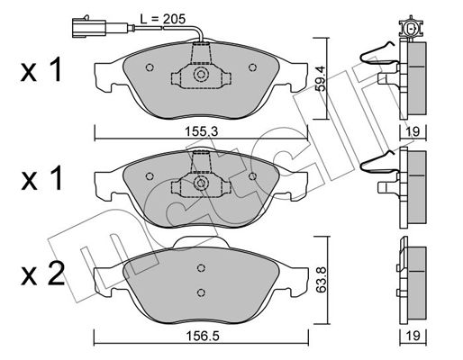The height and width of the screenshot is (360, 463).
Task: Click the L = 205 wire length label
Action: [163, 19]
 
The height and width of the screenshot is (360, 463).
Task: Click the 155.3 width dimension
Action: [201, 131]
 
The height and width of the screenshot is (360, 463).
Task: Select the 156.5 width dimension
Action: [202, 336]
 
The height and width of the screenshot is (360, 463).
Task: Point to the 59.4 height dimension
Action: [321, 78]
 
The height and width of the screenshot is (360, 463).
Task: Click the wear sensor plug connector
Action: [89, 27]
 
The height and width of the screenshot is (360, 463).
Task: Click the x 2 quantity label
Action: [42, 274]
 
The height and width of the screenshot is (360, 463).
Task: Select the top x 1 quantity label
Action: [42, 70]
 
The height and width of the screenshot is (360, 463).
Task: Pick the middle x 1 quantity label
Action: [42, 178]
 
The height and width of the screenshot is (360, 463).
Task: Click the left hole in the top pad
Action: [150, 67]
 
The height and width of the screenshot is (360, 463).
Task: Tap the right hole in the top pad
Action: [252, 67]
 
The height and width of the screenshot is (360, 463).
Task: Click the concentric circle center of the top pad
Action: [201, 74]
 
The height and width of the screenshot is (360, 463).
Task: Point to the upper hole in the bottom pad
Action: [202, 267]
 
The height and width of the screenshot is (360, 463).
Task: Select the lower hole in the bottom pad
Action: [202, 292]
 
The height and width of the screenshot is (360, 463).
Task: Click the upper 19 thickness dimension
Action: [413, 131]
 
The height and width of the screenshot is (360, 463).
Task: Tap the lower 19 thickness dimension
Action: [413, 336]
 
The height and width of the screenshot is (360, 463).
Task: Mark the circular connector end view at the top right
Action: [410, 29]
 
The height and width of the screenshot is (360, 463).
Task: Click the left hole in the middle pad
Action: [150, 176]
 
